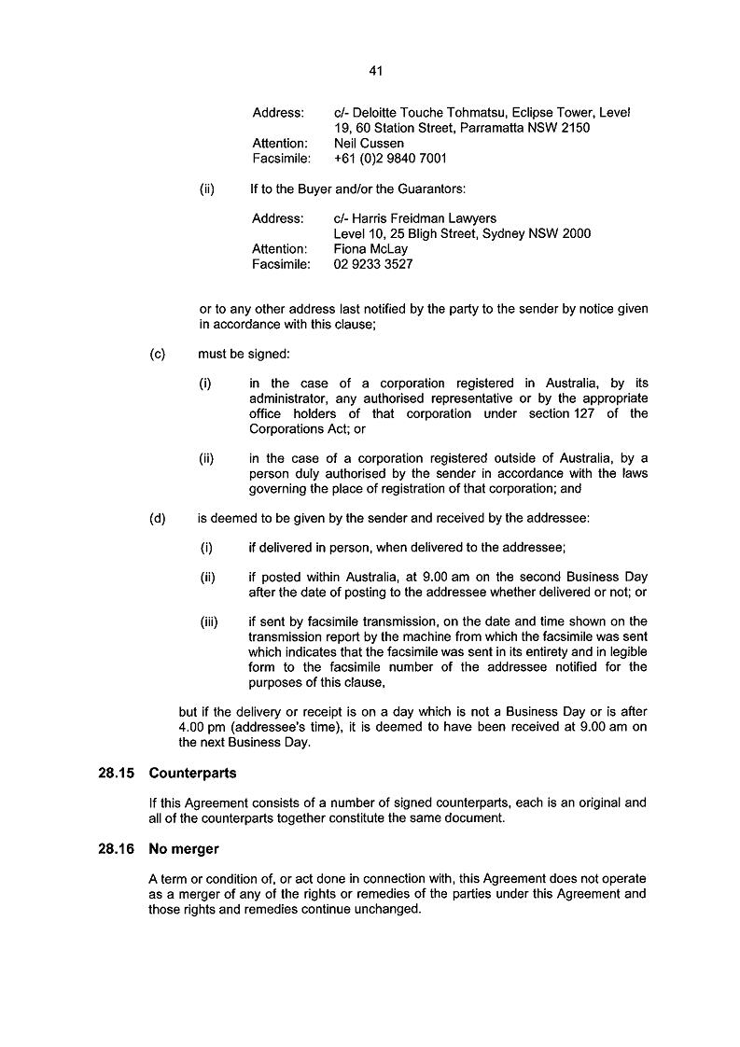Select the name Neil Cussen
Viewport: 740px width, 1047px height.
(x=369, y=144)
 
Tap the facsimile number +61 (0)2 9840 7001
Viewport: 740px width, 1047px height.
(x=390, y=159)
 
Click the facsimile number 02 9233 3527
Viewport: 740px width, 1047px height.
(x=373, y=264)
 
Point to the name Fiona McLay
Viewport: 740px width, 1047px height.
(x=370, y=249)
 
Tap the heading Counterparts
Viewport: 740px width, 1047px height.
(x=192, y=774)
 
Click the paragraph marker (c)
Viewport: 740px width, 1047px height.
(x=157, y=355)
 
